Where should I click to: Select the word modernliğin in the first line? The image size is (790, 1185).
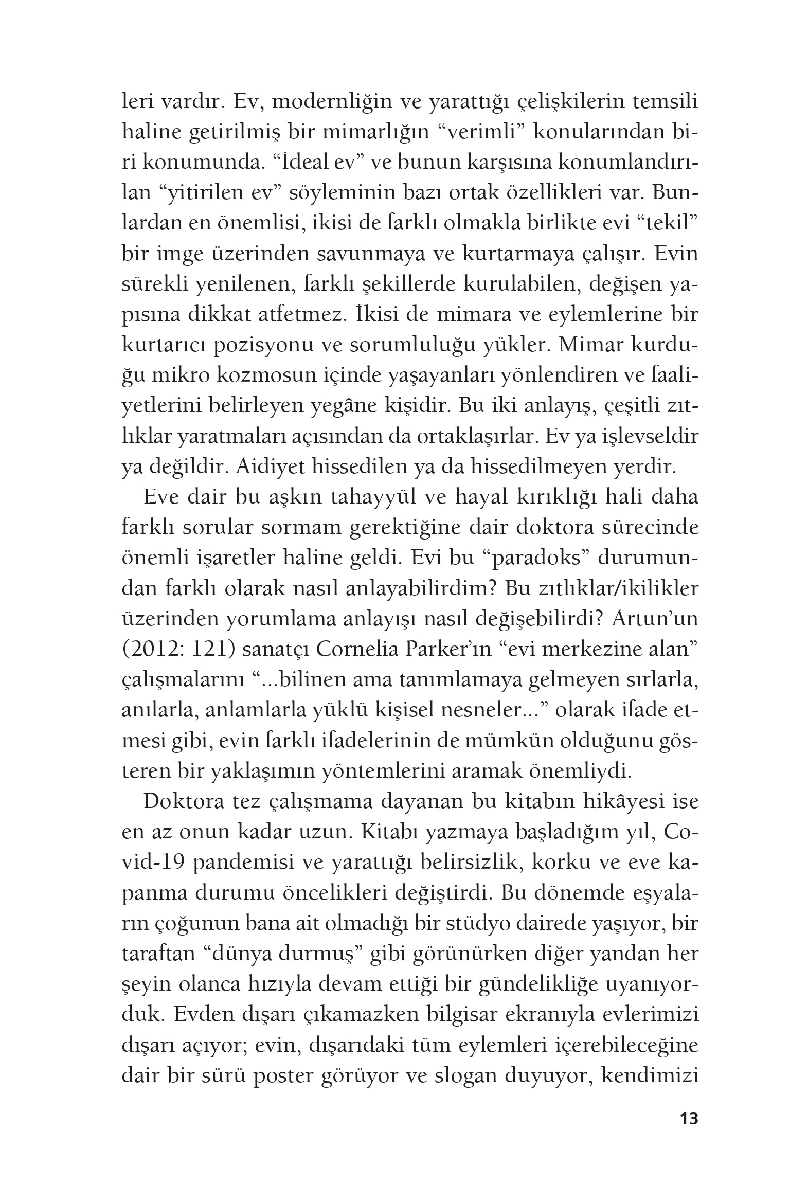pyautogui.click(x=330, y=102)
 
